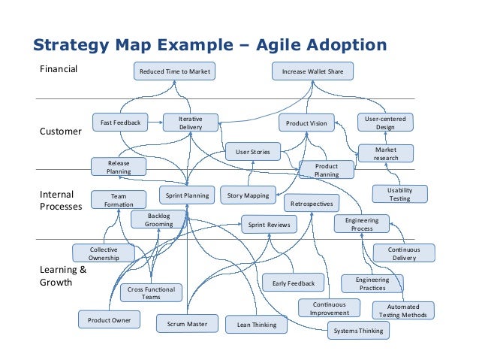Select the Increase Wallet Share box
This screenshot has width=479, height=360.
click(x=312, y=71)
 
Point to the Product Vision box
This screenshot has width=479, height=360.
click(x=307, y=123)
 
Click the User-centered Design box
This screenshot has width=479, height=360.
click(x=385, y=123)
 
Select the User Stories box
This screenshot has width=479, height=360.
click(x=253, y=151)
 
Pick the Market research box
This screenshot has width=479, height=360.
click(x=385, y=153)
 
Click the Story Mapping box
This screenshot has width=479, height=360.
click(x=248, y=195)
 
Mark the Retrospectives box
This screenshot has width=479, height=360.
click(x=312, y=203)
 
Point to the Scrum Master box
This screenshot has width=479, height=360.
click(x=186, y=324)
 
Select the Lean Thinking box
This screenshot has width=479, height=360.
click(x=257, y=325)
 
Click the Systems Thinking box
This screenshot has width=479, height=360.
click(x=358, y=331)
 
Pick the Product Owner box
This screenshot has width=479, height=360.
click(x=109, y=320)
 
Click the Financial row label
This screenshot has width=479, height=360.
click(x=59, y=71)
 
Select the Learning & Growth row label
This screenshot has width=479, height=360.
click(x=62, y=276)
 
